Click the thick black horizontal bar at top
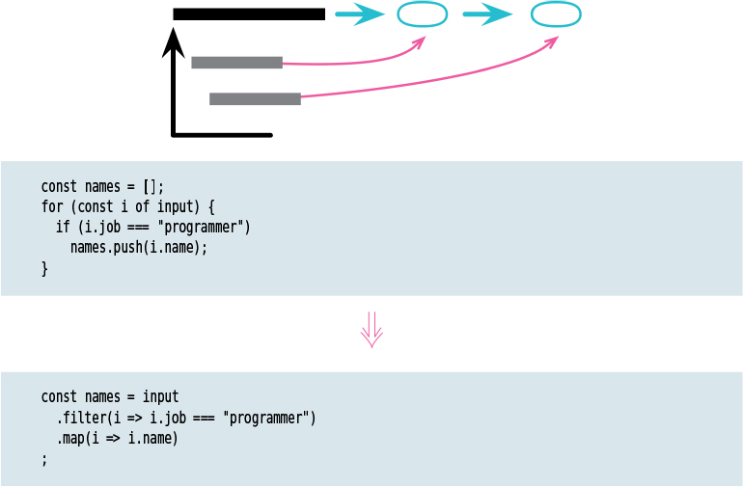[x=249, y=14]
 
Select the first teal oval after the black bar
[x=422, y=14]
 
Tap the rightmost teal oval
[x=556, y=14]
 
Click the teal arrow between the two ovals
[x=487, y=14]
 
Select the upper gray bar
[x=236, y=63]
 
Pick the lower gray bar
[x=255, y=98]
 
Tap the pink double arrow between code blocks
[x=371, y=331]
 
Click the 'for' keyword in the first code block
[x=51, y=206]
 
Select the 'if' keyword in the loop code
[x=62, y=227]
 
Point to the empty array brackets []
[x=147, y=186]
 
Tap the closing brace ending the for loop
[x=44, y=269]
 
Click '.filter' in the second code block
[x=78, y=418]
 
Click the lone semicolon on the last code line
[x=44, y=460]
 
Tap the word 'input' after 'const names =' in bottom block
[x=160, y=396]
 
